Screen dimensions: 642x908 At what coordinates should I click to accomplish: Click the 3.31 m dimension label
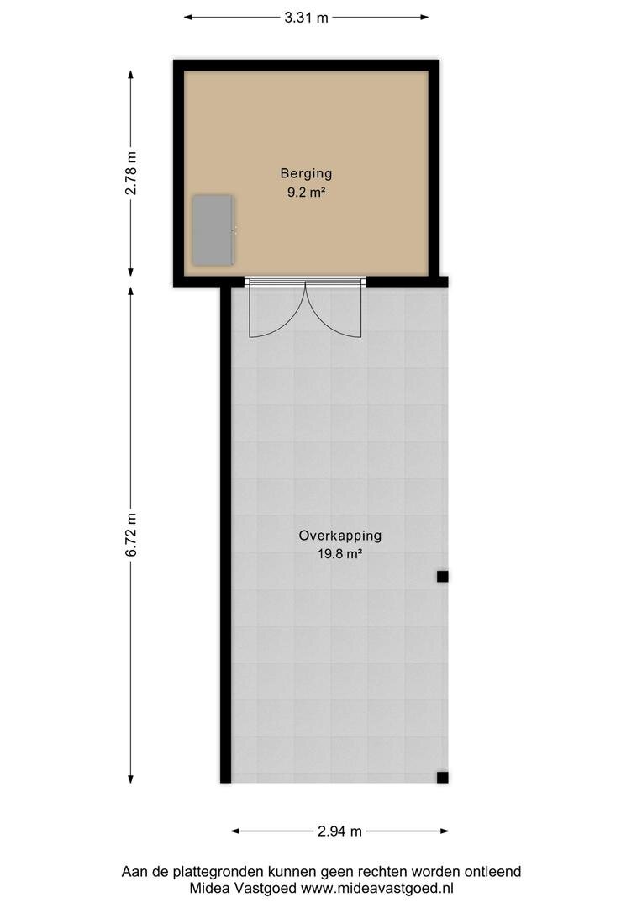coord(306,18)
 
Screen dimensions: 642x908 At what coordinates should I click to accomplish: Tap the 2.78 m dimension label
coord(132,172)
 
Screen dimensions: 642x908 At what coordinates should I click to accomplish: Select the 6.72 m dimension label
coord(132,535)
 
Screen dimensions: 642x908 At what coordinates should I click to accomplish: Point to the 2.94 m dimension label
coord(339,831)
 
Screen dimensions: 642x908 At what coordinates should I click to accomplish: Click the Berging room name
coord(306,173)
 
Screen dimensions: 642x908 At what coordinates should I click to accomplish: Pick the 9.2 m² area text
coord(306,193)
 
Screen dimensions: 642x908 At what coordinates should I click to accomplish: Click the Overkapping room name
coord(339,536)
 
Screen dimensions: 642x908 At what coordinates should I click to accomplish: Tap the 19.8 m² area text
coord(339,553)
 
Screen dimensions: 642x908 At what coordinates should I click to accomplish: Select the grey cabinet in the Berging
coord(213,230)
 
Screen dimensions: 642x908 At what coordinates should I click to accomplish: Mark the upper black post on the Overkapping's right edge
coord(442,576)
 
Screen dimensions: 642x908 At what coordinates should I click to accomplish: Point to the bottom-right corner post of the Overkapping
coord(442,777)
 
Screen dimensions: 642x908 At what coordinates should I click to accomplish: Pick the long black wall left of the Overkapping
coord(226,535)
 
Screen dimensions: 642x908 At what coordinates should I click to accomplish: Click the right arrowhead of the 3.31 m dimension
coord(424,18)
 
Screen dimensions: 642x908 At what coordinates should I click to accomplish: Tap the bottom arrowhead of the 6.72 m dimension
coord(131,779)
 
